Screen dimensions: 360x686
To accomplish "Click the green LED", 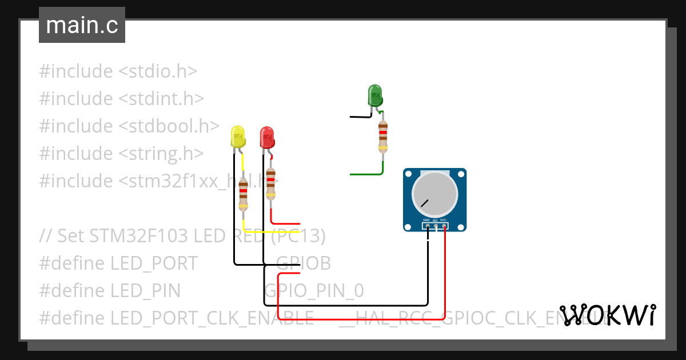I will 375,95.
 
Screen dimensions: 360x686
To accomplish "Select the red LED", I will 266,138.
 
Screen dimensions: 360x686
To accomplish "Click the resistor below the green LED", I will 382,136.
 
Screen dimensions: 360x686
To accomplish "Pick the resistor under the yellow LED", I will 244,194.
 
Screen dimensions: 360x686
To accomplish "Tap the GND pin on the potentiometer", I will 427,226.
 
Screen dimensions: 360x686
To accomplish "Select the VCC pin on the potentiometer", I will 444,226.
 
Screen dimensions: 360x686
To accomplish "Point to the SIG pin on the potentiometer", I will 436,226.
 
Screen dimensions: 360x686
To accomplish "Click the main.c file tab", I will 82,26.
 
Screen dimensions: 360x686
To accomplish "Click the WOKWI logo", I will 607,315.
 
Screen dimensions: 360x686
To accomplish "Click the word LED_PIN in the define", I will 145,291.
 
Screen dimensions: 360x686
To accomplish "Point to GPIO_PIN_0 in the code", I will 314,291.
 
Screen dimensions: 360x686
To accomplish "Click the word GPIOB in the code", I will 304,263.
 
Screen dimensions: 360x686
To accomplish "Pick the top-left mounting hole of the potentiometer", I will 408,173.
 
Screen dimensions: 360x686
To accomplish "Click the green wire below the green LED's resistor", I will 366,174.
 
